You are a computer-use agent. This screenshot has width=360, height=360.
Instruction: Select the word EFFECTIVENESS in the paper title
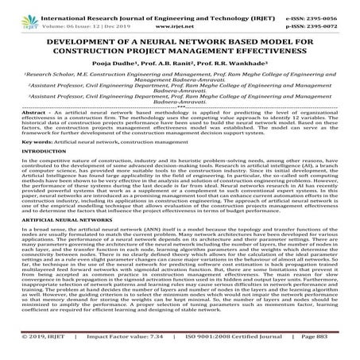(x=271, y=43)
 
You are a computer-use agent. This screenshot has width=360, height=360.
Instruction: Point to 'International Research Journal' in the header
(x=87, y=5)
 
